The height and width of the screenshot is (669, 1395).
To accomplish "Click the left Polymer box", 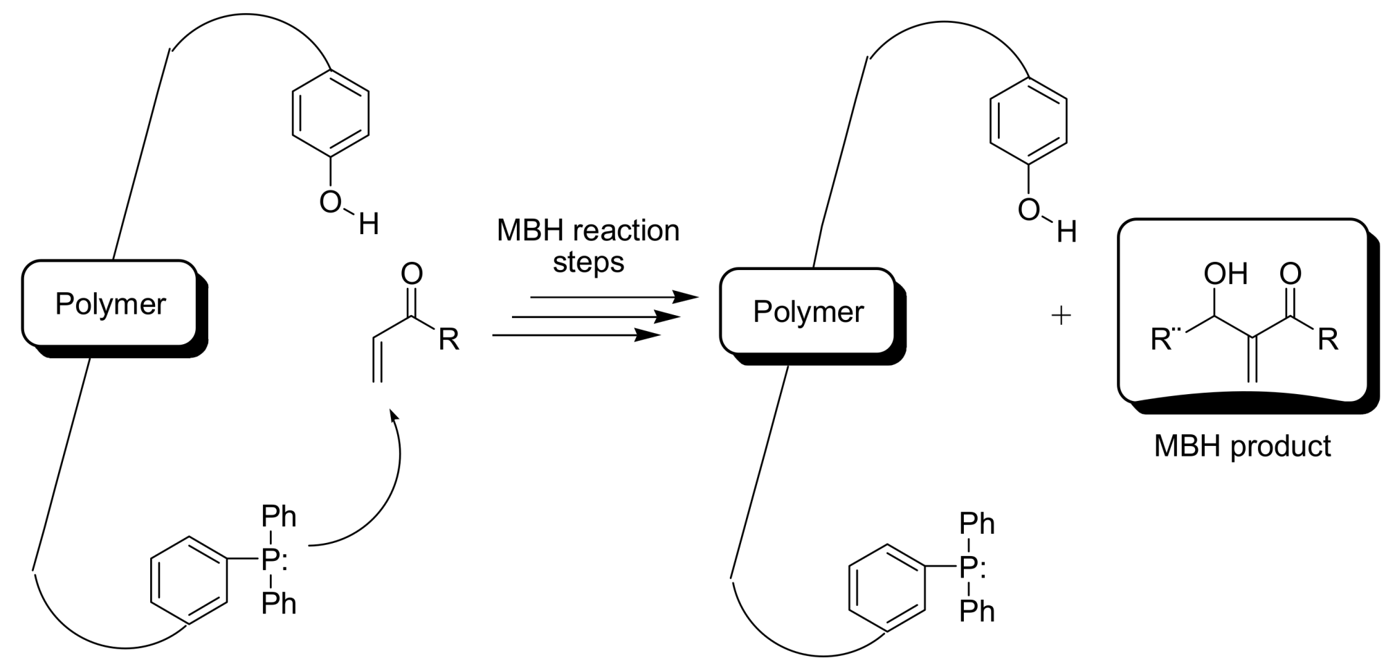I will (110, 304).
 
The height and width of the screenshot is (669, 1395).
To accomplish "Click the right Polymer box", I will (808, 312).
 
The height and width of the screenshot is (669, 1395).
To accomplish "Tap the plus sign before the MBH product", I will (1061, 316).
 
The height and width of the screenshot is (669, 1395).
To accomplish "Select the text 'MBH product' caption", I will (1242, 447).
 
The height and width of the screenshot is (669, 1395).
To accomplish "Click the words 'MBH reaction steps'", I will (588, 247).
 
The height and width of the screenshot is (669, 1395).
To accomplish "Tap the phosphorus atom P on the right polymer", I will (968, 568).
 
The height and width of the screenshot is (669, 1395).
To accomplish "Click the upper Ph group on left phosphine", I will (278, 517).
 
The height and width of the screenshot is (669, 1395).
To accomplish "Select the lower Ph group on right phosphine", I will (977, 612).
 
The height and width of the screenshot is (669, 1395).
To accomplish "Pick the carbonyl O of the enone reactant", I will (412, 274).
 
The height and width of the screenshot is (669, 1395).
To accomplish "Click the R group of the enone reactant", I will (448, 339).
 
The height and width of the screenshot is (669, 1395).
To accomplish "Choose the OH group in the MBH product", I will (1225, 274).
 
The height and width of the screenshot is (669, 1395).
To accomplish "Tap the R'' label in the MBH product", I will (1165, 339).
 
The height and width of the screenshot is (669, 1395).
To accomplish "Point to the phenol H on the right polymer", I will (1066, 232).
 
